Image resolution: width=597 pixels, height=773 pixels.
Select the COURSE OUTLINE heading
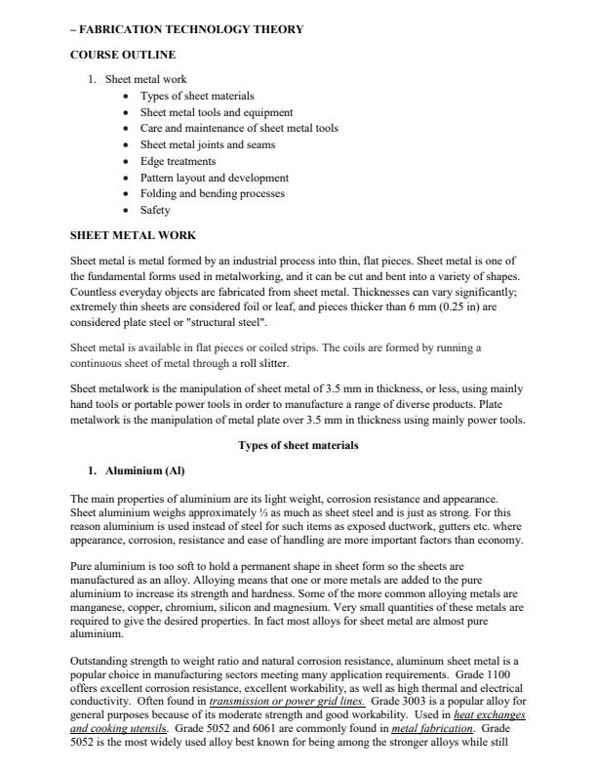click(122, 55)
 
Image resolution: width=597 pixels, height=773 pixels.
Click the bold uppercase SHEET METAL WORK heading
click(133, 235)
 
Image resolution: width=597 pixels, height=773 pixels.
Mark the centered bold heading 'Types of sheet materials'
click(298, 446)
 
